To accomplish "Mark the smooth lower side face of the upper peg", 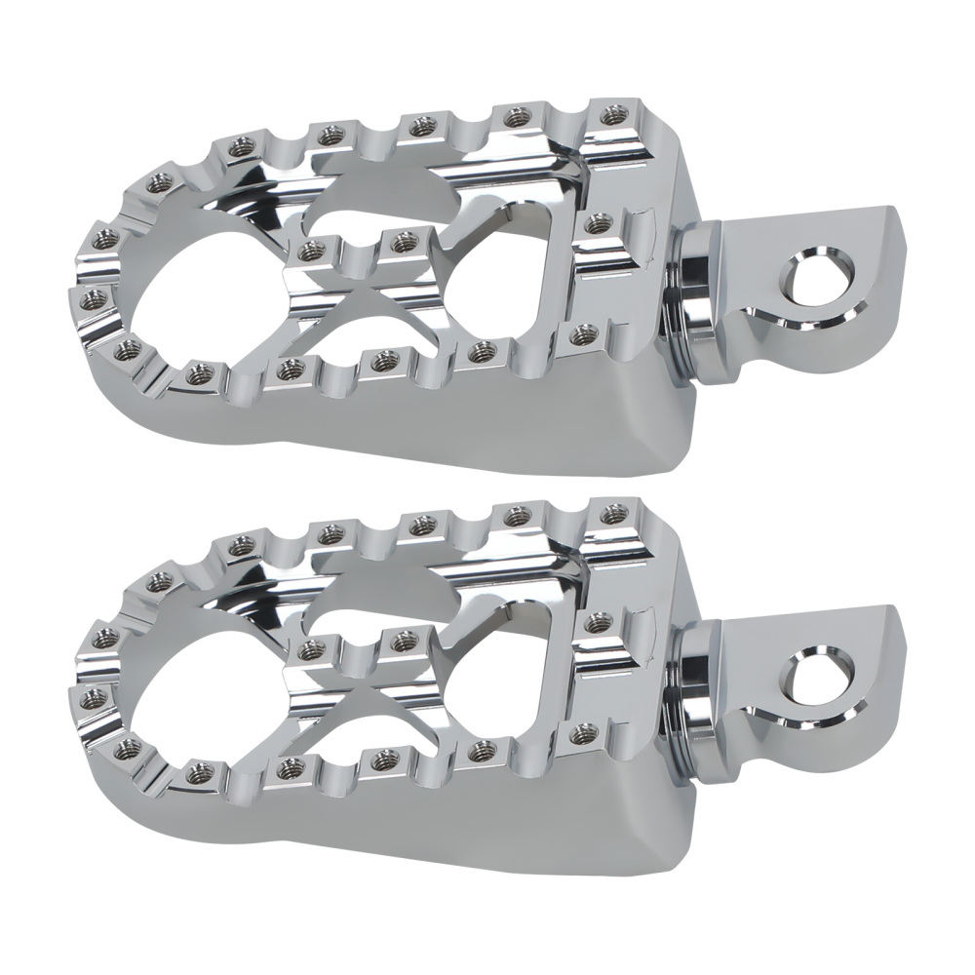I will pos(487,429).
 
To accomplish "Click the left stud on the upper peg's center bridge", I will pos(311,251).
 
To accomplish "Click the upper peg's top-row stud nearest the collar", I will pos(612,117).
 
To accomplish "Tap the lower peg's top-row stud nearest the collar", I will pos(612,513).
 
